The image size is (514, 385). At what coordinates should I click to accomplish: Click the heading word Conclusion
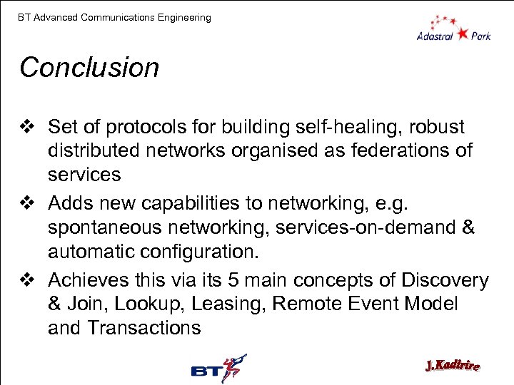click(x=89, y=68)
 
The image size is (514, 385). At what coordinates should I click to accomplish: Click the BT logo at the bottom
click(x=218, y=369)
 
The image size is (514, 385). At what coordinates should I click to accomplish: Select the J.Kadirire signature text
click(x=452, y=366)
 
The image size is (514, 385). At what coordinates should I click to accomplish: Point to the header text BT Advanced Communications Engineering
click(x=115, y=17)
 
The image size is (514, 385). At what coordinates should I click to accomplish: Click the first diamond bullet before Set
click(x=28, y=127)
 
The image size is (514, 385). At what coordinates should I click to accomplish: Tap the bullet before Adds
click(x=28, y=204)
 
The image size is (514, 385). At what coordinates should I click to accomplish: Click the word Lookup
click(x=152, y=304)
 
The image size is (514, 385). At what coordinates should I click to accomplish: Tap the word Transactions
click(x=145, y=328)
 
